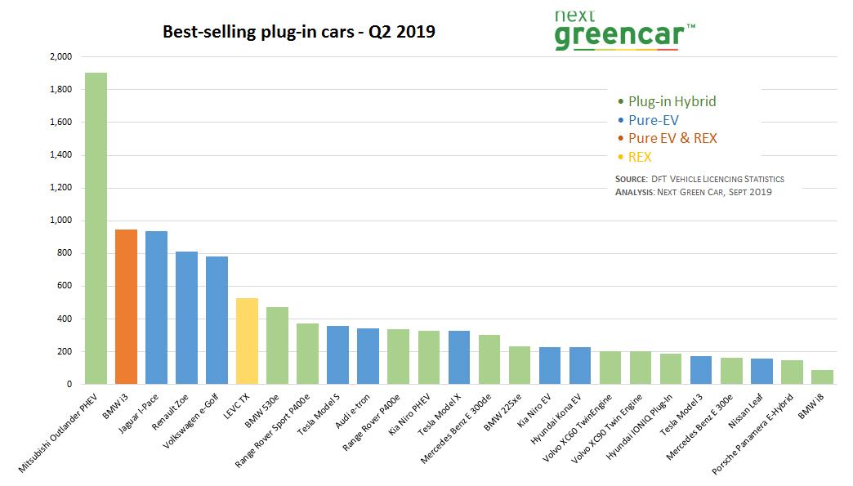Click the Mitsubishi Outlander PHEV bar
pyautogui.click(x=96, y=229)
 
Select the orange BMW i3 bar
pyautogui.click(x=126, y=306)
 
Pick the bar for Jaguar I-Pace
pyautogui.click(x=156, y=307)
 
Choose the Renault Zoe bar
pyautogui.click(x=186, y=318)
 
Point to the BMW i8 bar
pyautogui.click(x=822, y=377)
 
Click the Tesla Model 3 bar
pyautogui.click(x=701, y=370)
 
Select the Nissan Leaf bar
pyautogui.click(x=761, y=371)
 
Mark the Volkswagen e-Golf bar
pyautogui.click(x=217, y=320)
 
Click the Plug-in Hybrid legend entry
pyautogui.click(x=672, y=101)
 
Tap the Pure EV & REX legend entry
pyautogui.click(x=672, y=138)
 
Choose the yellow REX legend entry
pyautogui.click(x=639, y=157)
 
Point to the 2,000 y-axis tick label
pyautogui.click(x=62, y=57)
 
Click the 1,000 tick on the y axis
pyautogui.click(x=62, y=221)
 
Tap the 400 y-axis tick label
pyautogui.click(x=65, y=319)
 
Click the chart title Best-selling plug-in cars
pyautogui.click(x=299, y=32)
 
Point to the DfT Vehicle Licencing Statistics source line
pyautogui.click(x=699, y=179)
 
